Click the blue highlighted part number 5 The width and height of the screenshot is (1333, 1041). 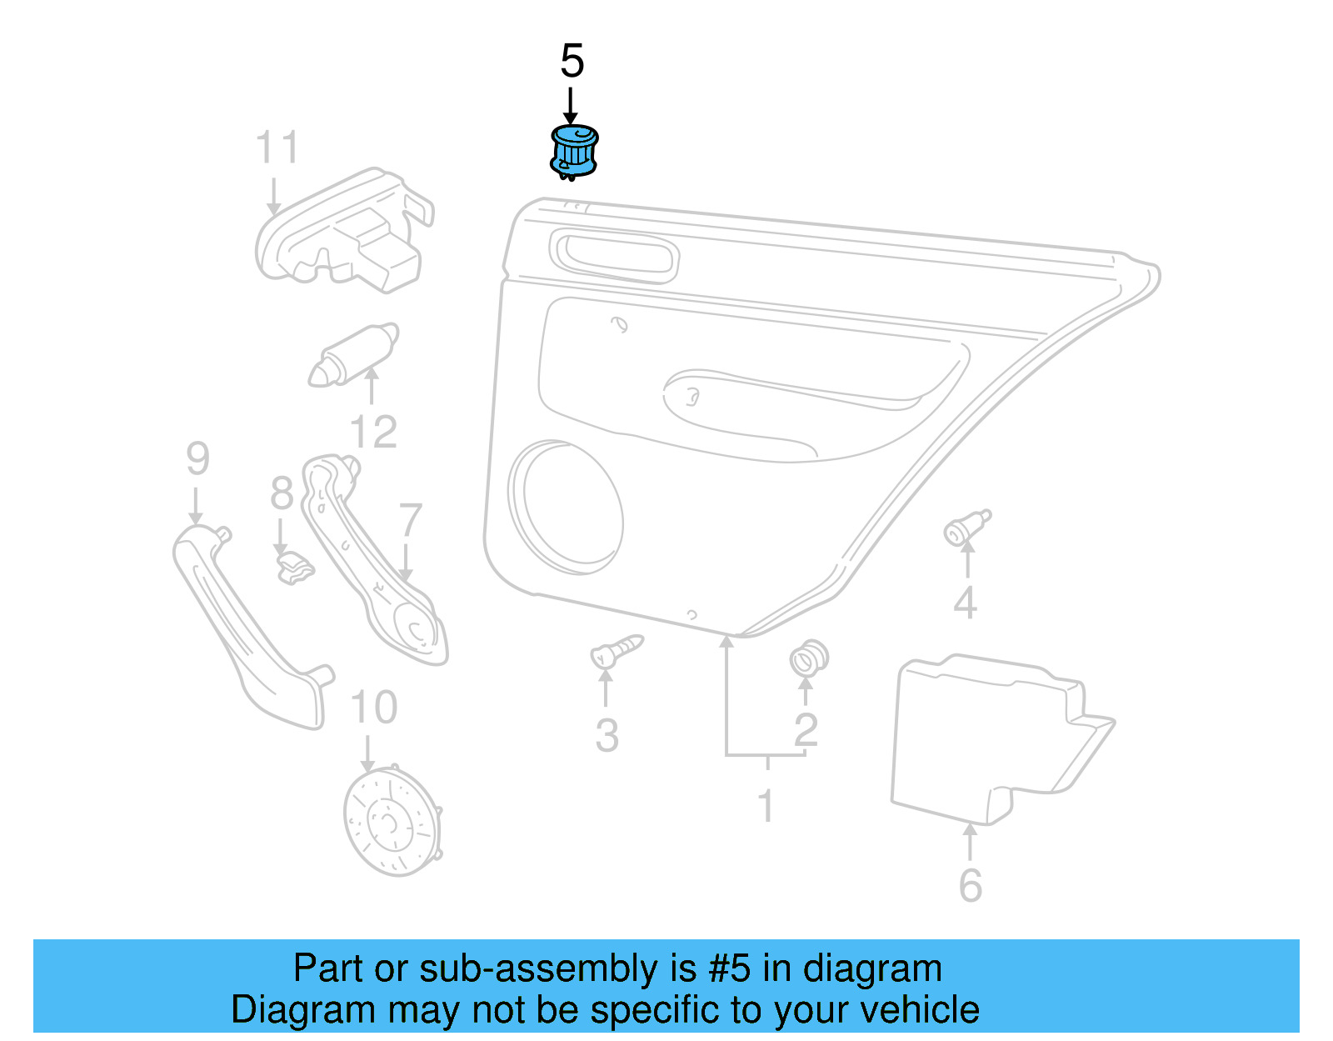point(574,152)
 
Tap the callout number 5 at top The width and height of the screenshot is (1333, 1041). point(572,62)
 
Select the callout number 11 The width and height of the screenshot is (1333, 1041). point(277,148)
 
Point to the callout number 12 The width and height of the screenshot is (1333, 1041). point(373,432)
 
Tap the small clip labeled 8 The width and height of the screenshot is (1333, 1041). point(294,568)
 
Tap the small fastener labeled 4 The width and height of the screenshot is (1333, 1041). point(965,528)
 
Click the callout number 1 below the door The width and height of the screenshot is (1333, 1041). point(766,806)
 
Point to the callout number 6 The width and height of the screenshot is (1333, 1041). point(971,885)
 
